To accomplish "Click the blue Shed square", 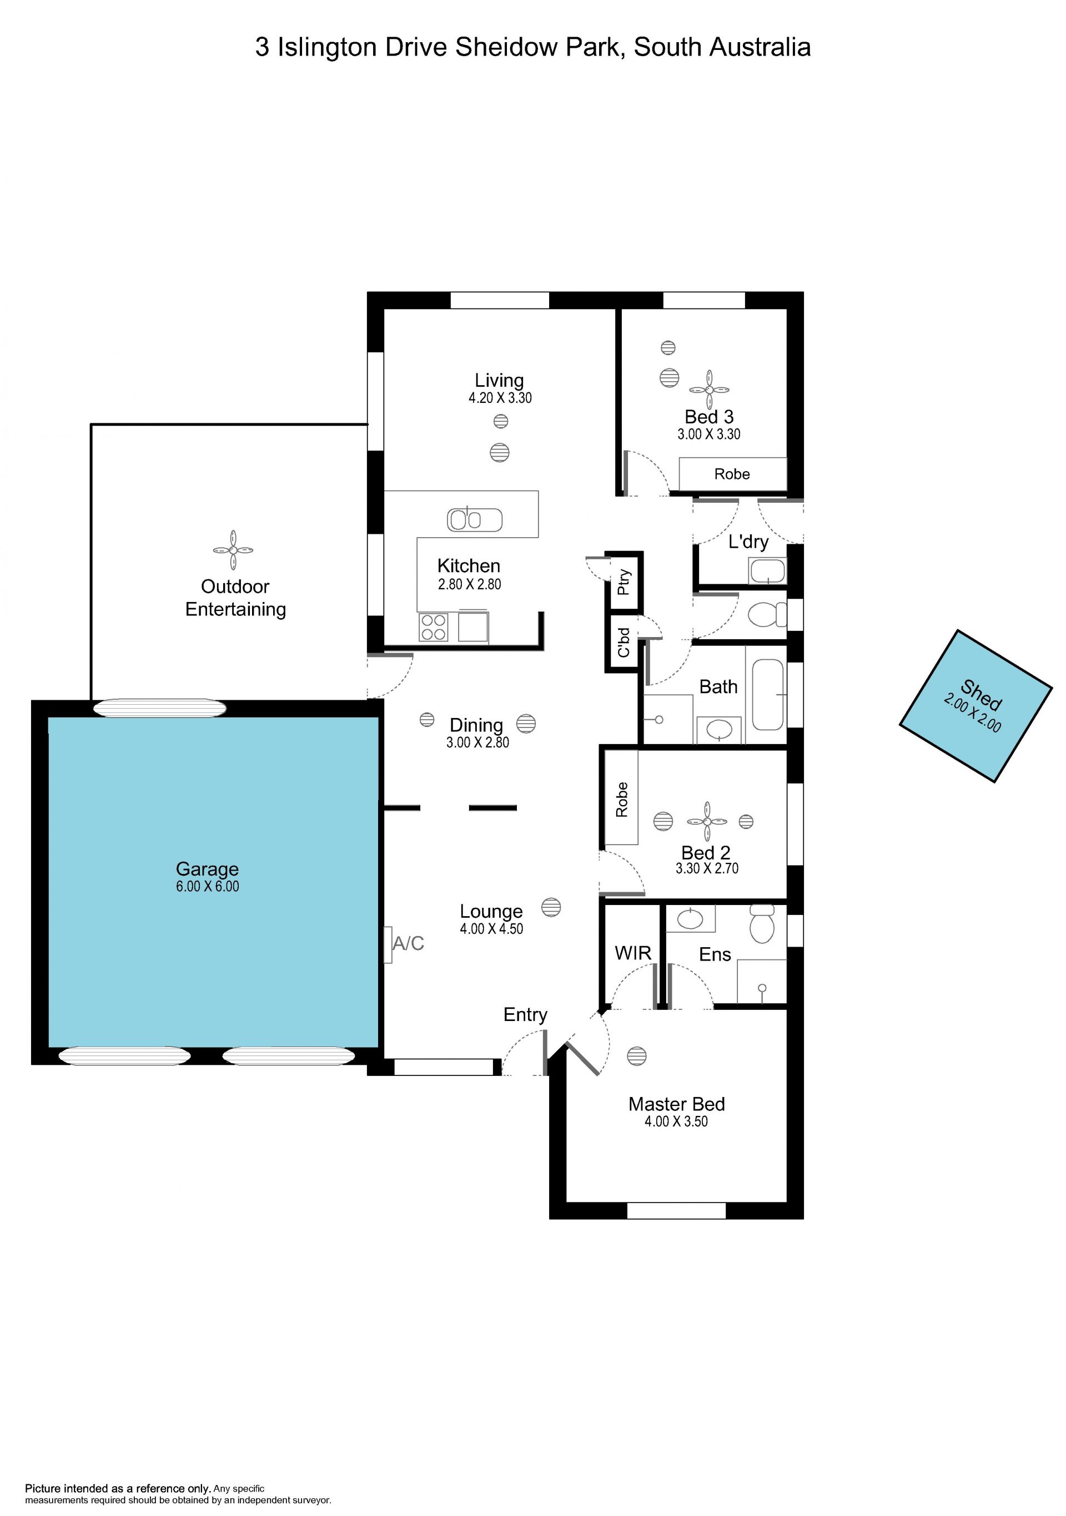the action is [x=976, y=706].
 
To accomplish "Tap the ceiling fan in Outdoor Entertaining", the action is [x=233, y=550].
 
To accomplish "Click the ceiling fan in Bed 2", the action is [x=707, y=821].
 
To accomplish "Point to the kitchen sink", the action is [x=475, y=519].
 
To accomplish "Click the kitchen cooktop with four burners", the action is [x=433, y=627].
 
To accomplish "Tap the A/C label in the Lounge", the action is [x=408, y=943].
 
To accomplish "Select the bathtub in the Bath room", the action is [x=768, y=695].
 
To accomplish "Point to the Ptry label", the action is [x=623, y=582].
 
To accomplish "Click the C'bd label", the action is [x=623, y=643].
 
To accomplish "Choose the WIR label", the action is [x=633, y=953].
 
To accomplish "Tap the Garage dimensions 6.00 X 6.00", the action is [x=208, y=887].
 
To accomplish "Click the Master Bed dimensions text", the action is [x=676, y=1121].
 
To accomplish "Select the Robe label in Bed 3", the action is [x=732, y=474].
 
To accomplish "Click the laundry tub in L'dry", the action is [x=767, y=570].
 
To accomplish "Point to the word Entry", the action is [x=525, y=1015].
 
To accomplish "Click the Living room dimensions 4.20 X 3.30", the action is [x=500, y=397].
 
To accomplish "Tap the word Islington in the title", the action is [x=327, y=48].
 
